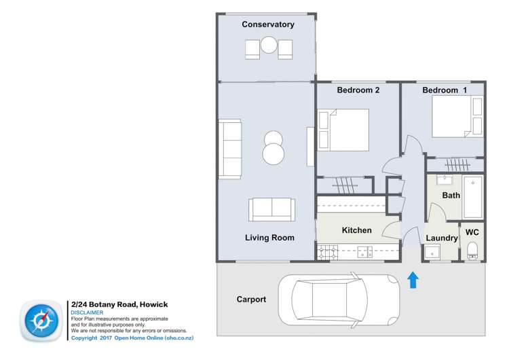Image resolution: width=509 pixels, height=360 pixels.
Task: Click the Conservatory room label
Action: pyautogui.click(x=268, y=24)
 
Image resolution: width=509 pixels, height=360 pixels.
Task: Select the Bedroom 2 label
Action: pyautogui.click(x=358, y=90)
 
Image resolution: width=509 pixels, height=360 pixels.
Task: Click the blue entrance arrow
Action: pyautogui.click(x=412, y=280)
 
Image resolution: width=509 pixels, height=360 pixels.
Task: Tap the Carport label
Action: pyautogui.click(x=251, y=299)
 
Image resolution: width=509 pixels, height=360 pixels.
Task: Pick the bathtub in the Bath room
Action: pyautogui.click(x=472, y=197)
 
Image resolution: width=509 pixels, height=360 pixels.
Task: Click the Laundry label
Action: pyautogui.click(x=441, y=238)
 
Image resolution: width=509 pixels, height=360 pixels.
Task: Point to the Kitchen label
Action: pyautogui.click(x=356, y=230)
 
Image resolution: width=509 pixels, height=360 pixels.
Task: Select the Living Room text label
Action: pyautogui.click(x=269, y=238)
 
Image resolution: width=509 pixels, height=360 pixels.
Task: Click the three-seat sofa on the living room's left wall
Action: pyautogui.click(x=229, y=149)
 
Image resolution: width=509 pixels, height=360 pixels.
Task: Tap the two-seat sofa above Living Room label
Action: pyautogui.click(x=271, y=209)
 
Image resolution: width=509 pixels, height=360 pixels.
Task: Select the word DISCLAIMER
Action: pyautogui.click(x=87, y=313)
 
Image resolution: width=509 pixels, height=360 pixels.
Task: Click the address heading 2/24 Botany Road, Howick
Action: pyautogui.click(x=119, y=304)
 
